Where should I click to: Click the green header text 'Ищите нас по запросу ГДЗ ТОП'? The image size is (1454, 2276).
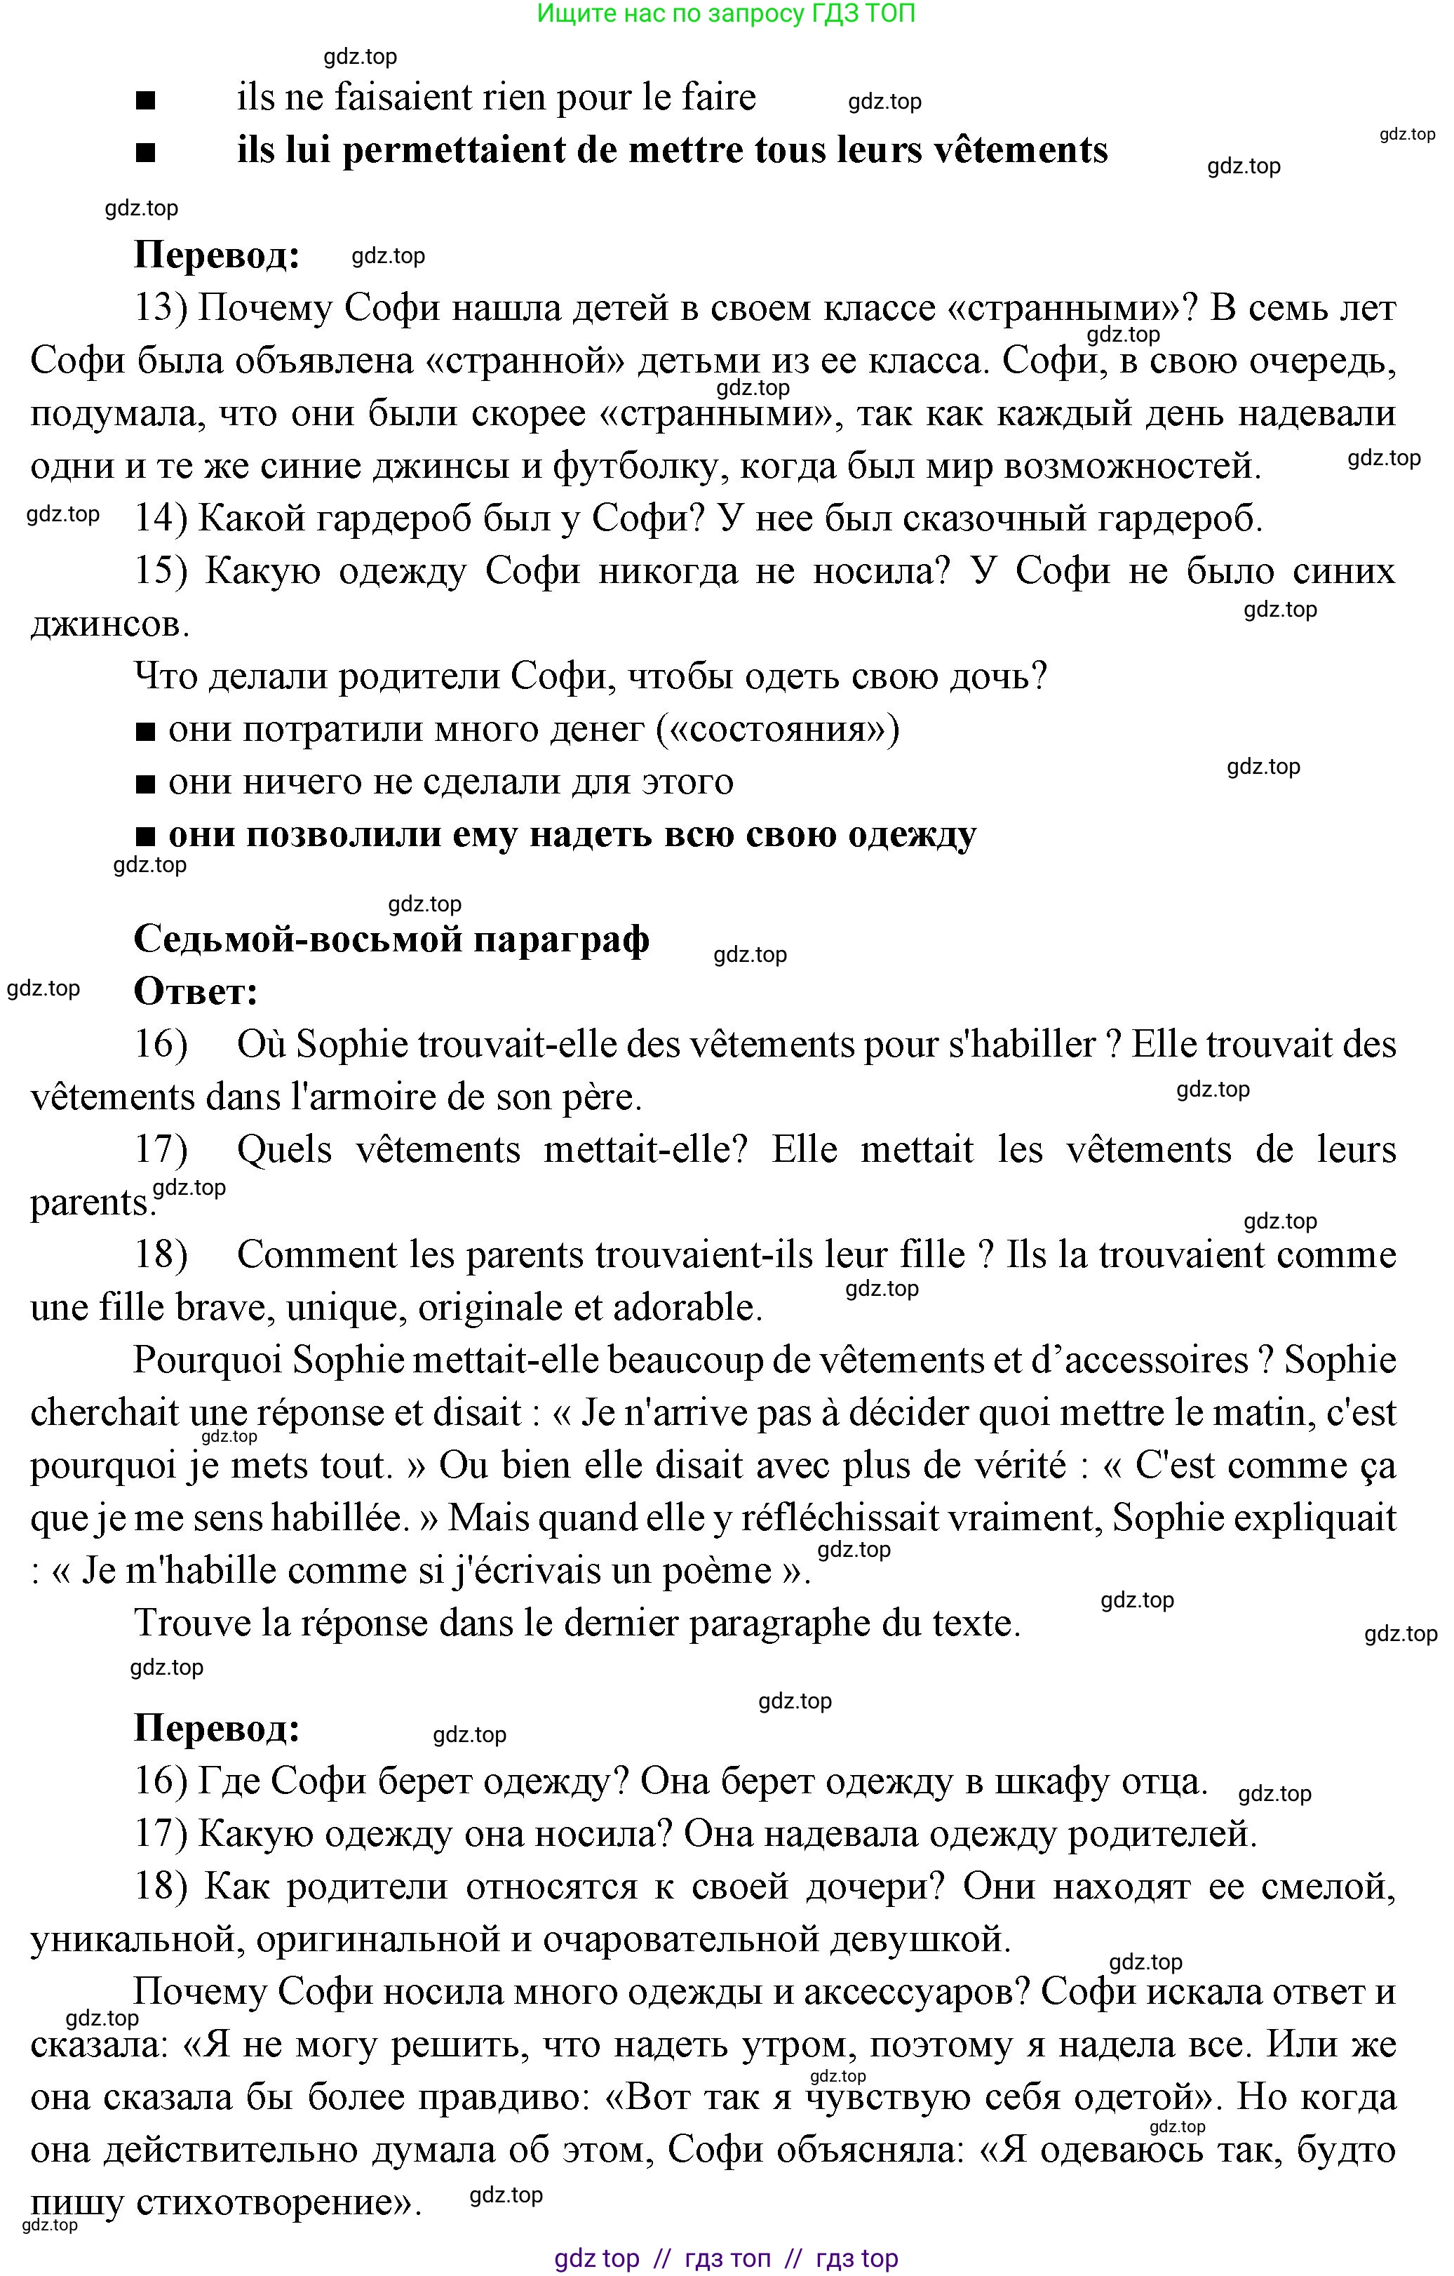click(725, 13)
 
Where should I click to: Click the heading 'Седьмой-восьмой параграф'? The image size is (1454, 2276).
click(391, 939)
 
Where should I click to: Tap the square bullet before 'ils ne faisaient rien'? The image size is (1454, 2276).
click(145, 100)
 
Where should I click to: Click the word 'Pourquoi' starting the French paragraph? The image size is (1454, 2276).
click(207, 1360)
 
